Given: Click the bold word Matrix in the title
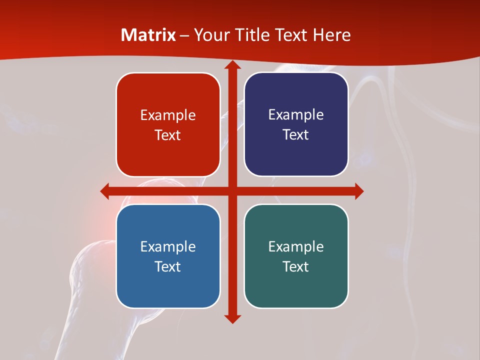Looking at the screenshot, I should click(148, 35).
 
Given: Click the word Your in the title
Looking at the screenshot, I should click(209, 35).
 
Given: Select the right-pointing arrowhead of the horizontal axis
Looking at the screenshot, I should click(358, 191).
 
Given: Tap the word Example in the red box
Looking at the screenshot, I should click(168, 115).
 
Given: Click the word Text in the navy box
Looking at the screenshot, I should click(296, 135).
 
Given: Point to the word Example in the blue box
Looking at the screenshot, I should click(168, 246).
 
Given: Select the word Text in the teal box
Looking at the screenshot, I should click(296, 266).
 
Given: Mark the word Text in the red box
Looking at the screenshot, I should click(168, 135).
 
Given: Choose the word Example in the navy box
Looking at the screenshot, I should click(296, 115).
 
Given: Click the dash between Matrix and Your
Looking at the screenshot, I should click(184, 35).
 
